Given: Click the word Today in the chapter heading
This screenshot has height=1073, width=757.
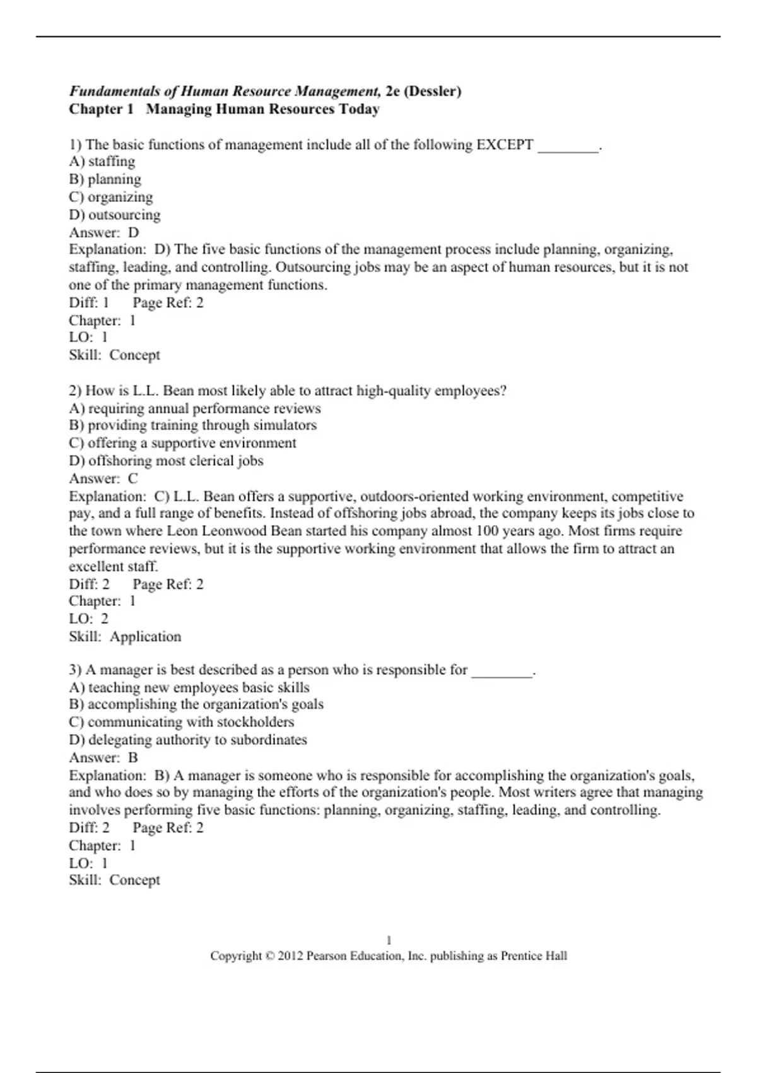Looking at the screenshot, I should [x=359, y=109].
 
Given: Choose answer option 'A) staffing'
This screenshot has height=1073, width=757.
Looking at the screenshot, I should [x=102, y=162].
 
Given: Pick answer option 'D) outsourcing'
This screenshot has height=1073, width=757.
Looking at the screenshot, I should [x=115, y=215].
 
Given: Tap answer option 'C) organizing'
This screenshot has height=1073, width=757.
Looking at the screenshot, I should [x=111, y=198].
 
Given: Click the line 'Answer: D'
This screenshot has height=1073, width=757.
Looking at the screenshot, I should [x=104, y=232].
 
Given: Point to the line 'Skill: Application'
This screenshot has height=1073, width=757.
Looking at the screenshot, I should [x=125, y=637].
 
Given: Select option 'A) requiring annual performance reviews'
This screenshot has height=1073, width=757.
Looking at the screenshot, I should [x=195, y=408].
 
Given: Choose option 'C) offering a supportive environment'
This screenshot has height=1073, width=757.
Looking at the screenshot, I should [x=182, y=443].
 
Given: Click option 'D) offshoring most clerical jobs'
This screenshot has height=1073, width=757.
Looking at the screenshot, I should [x=166, y=461].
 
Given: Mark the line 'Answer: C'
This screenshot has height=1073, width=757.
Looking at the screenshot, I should [x=103, y=478].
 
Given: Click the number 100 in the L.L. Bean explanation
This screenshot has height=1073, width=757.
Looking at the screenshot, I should [x=488, y=531].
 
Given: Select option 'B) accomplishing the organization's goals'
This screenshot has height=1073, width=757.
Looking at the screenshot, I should [x=196, y=704].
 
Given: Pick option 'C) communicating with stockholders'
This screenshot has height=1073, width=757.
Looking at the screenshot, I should [x=182, y=722].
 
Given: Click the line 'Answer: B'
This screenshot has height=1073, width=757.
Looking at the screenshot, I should [x=103, y=757].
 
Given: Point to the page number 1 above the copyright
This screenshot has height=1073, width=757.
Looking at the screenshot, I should [x=389, y=940].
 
